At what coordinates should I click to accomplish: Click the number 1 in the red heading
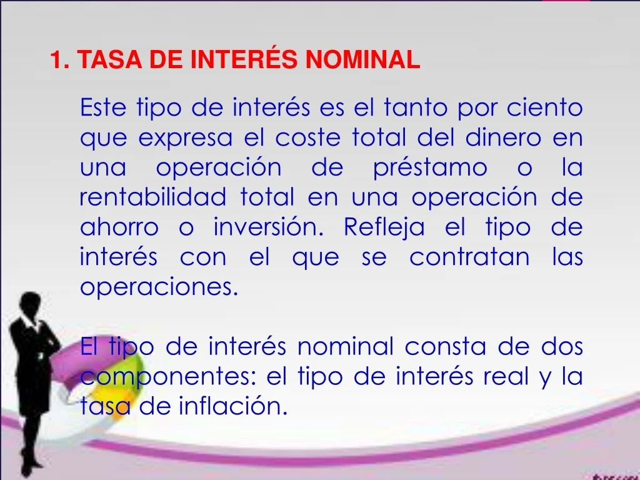tap(56, 59)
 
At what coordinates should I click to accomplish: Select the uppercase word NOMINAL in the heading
tap(363, 59)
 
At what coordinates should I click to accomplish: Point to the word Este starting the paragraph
tap(103, 107)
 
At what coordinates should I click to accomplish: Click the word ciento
tap(544, 107)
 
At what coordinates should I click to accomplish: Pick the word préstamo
tap(430, 167)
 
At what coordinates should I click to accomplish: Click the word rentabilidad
tap(152, 197)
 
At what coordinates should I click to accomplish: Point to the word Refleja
tap(384, 227)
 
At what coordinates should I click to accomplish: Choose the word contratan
tap(469, 257)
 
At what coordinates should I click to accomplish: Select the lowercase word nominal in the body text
tap(345, 346)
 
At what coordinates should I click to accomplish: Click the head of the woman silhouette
tap(31, 303)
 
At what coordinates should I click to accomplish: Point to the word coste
tap(307, 138)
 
